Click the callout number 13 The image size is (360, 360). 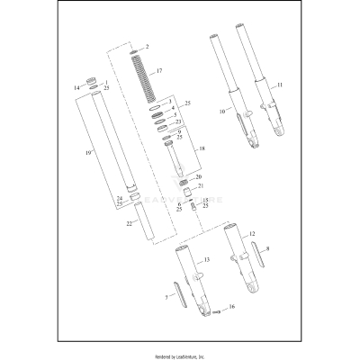click(x=207, y=259)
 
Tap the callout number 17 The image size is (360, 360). click(x=158, y=70)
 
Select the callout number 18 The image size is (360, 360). click(x=201, y=148)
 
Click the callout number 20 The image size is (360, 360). click(x=199, y=176)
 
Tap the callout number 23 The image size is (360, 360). click(x=179, y=121)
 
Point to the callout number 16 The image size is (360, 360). click(x=232, y=307)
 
